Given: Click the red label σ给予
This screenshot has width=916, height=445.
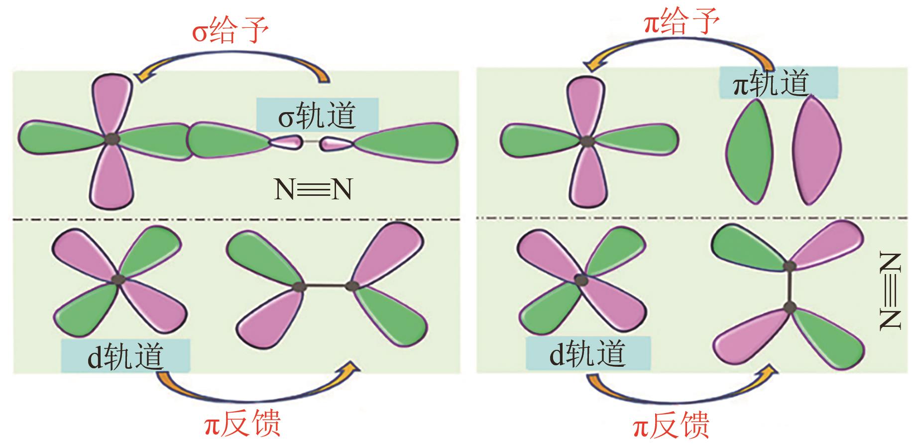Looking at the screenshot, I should [x=230, y=30].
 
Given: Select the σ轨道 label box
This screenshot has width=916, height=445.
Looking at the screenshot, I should [x=317, y=115].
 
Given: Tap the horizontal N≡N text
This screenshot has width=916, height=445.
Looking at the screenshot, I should [x=313, y=190].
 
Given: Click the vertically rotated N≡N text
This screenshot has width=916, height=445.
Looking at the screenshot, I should [x=890, y=292].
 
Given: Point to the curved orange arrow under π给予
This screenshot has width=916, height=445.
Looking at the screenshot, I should [x=680, y=51].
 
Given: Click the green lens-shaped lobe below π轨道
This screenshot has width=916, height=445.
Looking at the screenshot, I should [x=750, y=150].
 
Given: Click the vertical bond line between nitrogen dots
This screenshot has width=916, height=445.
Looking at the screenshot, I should [x=790, y=287].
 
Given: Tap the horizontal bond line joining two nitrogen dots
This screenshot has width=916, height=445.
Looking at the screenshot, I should [x=326, y=286].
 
